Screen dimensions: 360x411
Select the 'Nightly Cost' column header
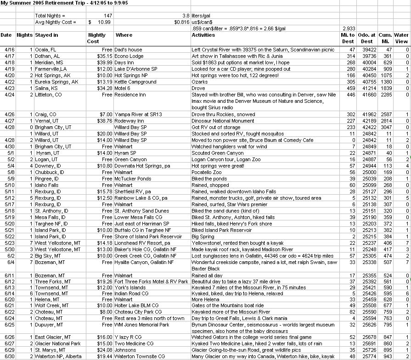(x=96, y=38)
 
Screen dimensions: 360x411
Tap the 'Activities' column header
(x=203, y=35)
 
